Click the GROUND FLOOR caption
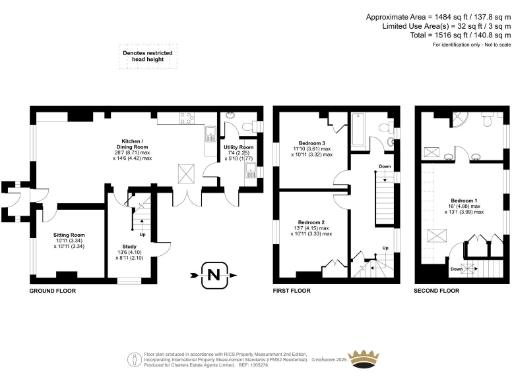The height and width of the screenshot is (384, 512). coord(55,290)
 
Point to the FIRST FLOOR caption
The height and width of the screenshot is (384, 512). coord(296,290)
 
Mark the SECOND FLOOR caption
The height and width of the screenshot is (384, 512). coord(436,290)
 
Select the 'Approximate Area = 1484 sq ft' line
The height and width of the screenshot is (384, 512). coord(427,18)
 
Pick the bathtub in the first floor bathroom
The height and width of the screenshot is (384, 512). coord(375,131)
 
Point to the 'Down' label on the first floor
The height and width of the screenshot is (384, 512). coord(385,166)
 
